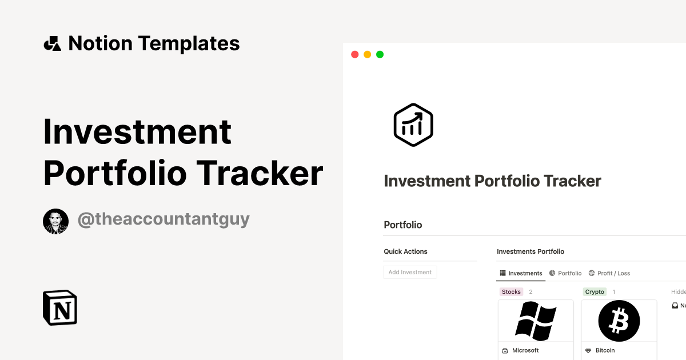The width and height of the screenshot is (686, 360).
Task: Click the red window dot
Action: tap(354, 54)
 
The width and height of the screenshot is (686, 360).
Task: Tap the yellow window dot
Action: tap(367, 54)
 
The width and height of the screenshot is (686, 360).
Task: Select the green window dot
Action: tap(380, 54)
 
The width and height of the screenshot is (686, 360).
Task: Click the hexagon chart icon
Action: tap(413, 125)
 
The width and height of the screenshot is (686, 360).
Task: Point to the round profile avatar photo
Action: tap(55, 221)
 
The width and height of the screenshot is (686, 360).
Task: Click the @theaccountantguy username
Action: tap(163, 219)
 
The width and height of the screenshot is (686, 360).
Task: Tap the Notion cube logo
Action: tap(60, 307)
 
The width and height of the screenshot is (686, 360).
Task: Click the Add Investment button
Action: tap(410, 272)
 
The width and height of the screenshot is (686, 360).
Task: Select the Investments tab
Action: tap(521, 273)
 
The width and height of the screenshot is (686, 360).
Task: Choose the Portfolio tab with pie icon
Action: tap(565, 273)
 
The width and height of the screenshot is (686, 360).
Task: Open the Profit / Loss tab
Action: tap(609, 273)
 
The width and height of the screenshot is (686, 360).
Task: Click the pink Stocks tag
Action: tap(511, 291)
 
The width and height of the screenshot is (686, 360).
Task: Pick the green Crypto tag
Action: tap(595, 291)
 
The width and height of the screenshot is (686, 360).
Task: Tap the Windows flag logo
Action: tap(536, 321)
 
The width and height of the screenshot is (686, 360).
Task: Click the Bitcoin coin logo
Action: tap(619, 321)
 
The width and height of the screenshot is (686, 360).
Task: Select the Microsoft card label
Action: tap(525, 350)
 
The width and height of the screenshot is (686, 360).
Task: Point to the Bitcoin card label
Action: tap(605, 350)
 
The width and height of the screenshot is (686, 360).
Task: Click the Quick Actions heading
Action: tap(405, 251)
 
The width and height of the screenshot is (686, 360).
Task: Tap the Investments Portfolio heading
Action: tap(531, 251)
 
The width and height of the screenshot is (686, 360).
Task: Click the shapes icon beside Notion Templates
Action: tap(52, 43)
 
